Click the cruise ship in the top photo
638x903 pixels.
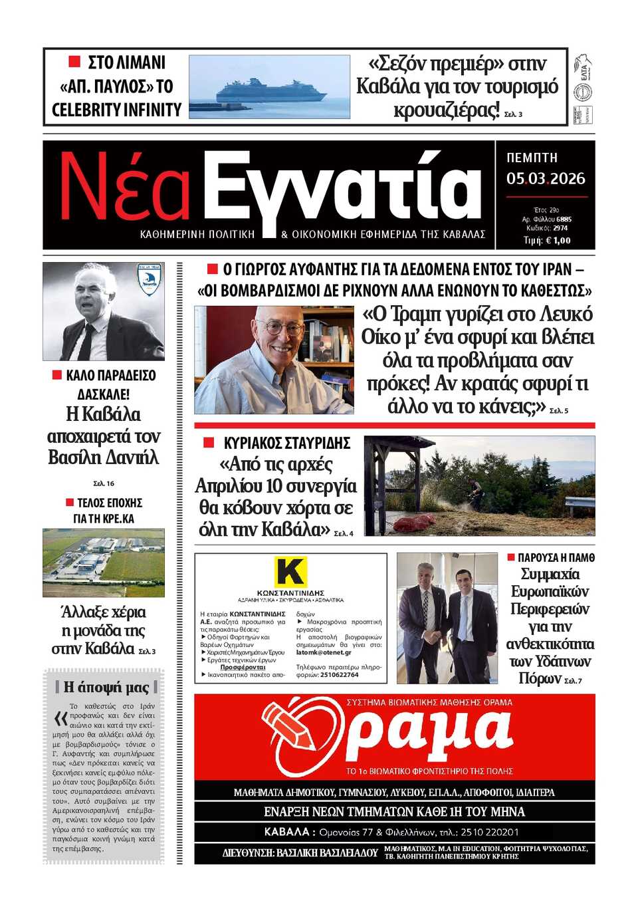(x=270, y=90)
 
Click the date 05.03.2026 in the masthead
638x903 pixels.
(x=546, y=179)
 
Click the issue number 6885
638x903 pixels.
(x=564, y=219)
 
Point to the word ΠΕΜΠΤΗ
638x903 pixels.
(x=532, y=158)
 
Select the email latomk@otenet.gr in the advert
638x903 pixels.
(x=324, y=652)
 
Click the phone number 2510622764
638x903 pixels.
(x=339, y=674)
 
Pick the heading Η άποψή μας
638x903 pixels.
(x=106, y=687)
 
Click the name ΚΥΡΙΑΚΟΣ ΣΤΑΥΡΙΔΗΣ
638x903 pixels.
(x=286, y=444)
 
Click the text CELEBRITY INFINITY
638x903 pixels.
(x=116, y=110)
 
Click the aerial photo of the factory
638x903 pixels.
(x=103, y=562)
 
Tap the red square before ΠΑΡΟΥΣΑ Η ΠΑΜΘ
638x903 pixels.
(x=511, y=557)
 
